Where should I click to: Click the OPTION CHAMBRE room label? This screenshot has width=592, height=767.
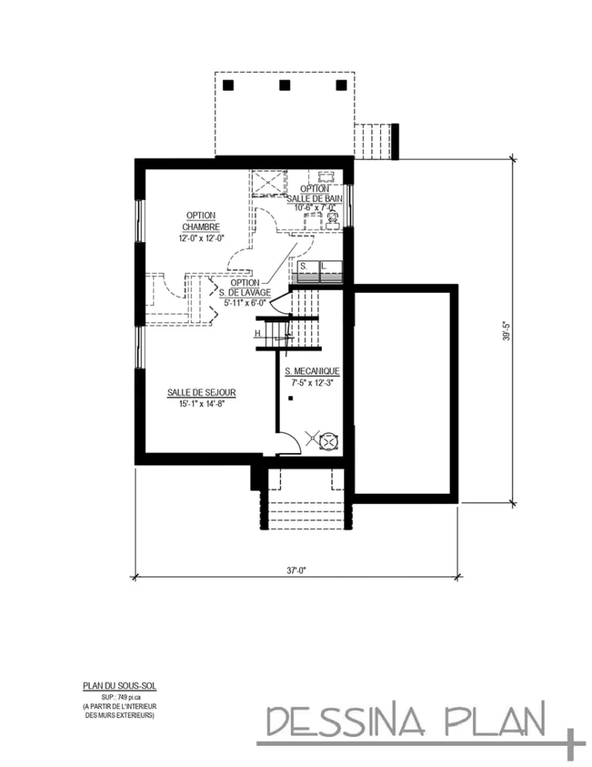click(x=201, y=221)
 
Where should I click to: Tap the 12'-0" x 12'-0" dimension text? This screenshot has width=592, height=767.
click(x=201, y=238)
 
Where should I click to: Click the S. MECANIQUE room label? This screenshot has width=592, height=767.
click(x=313, y=372)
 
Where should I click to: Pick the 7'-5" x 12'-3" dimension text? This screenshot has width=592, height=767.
click(x=313, y=382)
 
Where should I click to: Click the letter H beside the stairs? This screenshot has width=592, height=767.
click(x=257, y=333)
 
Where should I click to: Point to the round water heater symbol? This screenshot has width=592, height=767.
click(x=327, y=442)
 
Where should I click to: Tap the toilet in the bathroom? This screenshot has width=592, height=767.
click(x=332, y=219)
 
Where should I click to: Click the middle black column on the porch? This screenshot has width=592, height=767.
click(x=284, y=85)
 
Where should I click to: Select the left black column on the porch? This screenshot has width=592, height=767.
click(x=228, y=85)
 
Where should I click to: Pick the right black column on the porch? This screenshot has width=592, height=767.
click(x=341, y=85)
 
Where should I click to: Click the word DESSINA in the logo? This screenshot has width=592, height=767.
click(x=344, y=721)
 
